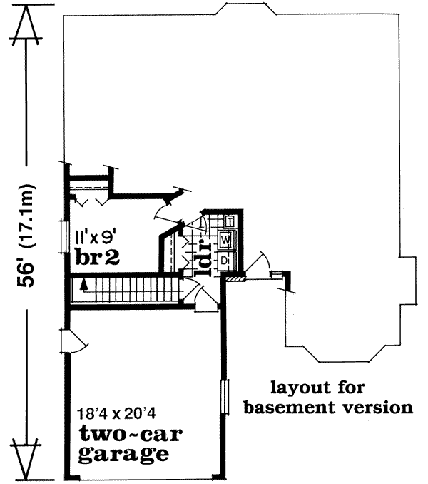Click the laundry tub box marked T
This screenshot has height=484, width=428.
point(230,220)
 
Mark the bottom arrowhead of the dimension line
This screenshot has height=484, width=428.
point(26,461)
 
